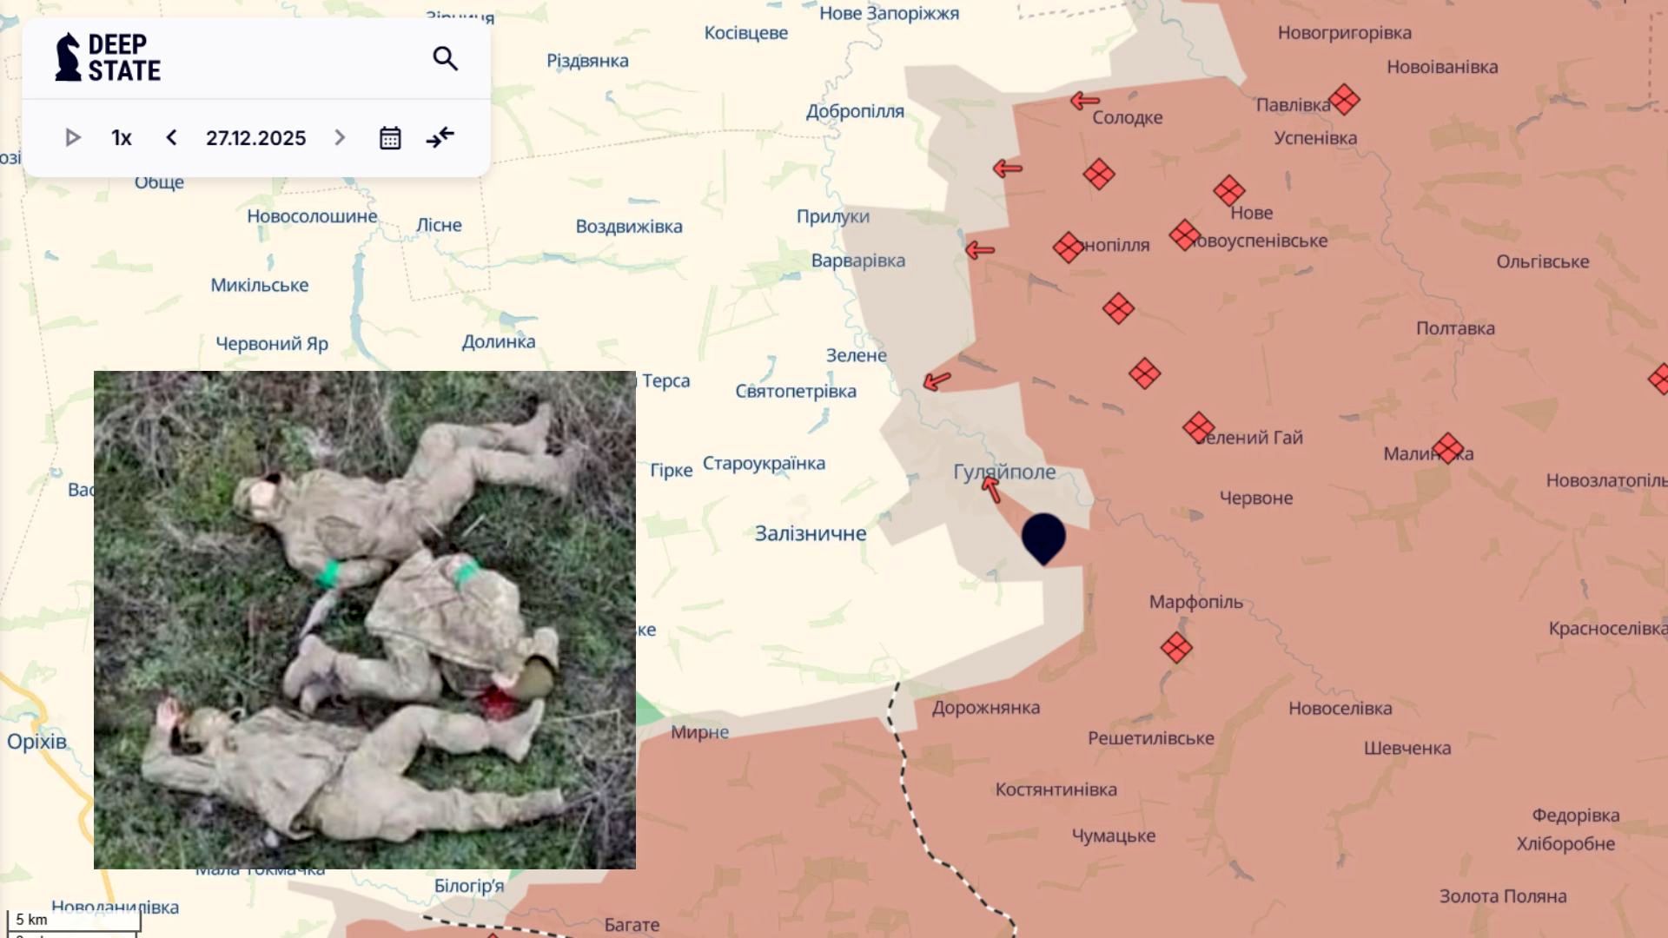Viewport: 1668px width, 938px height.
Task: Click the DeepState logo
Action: [x=108, y=58]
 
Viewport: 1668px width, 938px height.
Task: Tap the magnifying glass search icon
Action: [x=445, y=58]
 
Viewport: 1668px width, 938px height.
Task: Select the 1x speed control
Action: [x=122, y=138]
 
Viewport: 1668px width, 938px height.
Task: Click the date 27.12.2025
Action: [x=255, y=138]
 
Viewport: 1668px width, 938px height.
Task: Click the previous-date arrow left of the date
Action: [x=172, y=138]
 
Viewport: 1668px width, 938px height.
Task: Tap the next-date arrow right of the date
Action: [x=340, y=138]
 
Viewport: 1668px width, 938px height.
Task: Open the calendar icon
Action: [x=390, y=138]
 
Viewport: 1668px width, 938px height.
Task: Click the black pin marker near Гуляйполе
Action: [x=1043, y=536]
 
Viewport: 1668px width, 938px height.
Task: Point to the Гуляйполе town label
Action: [x=1004, y=472]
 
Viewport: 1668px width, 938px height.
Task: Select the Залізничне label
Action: [x=810, y=533]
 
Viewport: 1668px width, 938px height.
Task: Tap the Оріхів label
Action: [x=36, y=741]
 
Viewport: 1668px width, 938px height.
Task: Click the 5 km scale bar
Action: [x=73, y=922]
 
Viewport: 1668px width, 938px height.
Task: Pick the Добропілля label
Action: [x=855, y=111]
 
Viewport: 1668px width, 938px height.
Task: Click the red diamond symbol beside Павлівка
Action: [x=1344, y=100]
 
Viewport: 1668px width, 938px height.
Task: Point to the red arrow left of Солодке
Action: [x=1085, y=101]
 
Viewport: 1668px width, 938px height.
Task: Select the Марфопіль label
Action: [x=1195, y=602]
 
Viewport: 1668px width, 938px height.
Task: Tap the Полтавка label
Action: [x=1455, y=328]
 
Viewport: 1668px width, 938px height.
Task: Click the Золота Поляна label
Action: [x=1503, y=896]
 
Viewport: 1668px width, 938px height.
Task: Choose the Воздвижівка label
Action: [x=629, y=227]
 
